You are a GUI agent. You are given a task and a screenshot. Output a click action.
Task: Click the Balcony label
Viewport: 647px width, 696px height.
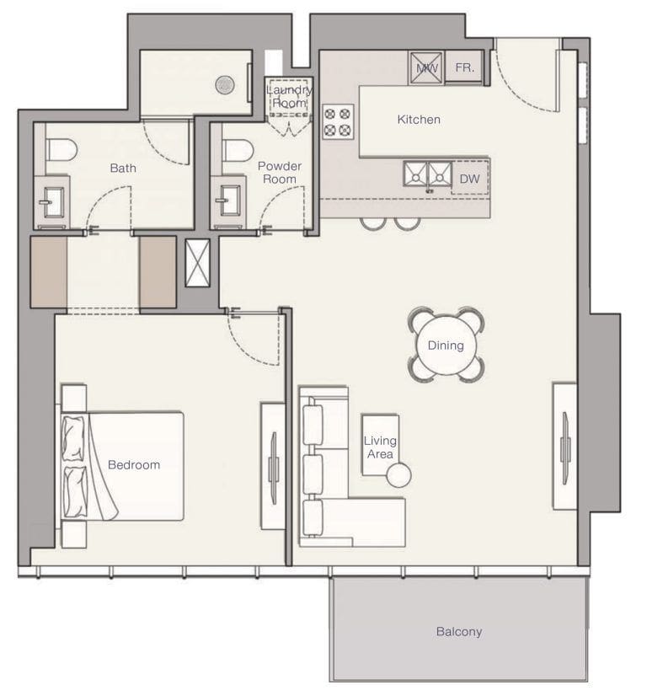tap(459, 631)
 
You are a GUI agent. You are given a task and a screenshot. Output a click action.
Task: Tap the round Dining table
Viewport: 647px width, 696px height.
tap(446, 345)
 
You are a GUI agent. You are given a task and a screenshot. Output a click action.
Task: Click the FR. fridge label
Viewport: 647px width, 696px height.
tap(463, 67)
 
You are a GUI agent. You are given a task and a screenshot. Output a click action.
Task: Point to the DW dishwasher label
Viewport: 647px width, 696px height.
tap(468, 179)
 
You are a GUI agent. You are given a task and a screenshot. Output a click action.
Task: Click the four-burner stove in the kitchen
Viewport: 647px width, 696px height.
tap(337, 121)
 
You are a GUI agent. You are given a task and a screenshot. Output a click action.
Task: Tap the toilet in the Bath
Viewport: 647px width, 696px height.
tap(61, 149)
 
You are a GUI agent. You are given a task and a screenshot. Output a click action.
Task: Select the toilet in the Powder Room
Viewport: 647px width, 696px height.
tap(238, 149)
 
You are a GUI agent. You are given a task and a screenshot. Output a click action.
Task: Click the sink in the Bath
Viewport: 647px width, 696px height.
tap(51, 201)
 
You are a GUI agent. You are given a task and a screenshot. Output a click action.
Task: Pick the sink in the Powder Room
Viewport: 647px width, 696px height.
tap(227, 201)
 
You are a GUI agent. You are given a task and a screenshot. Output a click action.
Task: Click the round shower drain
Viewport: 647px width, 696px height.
tap(224, 83)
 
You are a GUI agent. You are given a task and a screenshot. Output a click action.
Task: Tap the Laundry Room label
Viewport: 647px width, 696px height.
tap(289, 96)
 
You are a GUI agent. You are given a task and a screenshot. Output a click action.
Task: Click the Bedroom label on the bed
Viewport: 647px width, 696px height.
tap(133, 464)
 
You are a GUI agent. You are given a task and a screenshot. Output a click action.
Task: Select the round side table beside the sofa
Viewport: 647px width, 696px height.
tap(398, 476)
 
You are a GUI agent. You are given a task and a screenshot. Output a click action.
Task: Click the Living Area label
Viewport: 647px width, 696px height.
tap(379, 447)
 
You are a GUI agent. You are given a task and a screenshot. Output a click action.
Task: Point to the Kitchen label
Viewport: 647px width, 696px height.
tap(419, 120)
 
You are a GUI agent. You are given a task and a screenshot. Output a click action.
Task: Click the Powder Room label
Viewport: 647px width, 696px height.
tap(279, 173)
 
